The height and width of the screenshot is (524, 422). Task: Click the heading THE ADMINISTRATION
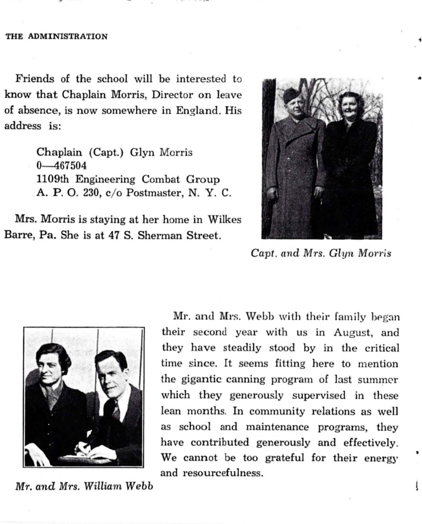click(x=57, y=37)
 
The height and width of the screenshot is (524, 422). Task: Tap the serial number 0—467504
click(x=62, y=166)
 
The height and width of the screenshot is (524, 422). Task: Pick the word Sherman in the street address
click(x=160, y=235)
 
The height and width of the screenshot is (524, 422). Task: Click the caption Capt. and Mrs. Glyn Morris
click(x=321, y=253)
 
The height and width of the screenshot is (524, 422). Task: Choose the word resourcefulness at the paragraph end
click(x=223, y=473)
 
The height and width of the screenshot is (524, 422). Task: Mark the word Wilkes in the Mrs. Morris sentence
click(x=224, y=220)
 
